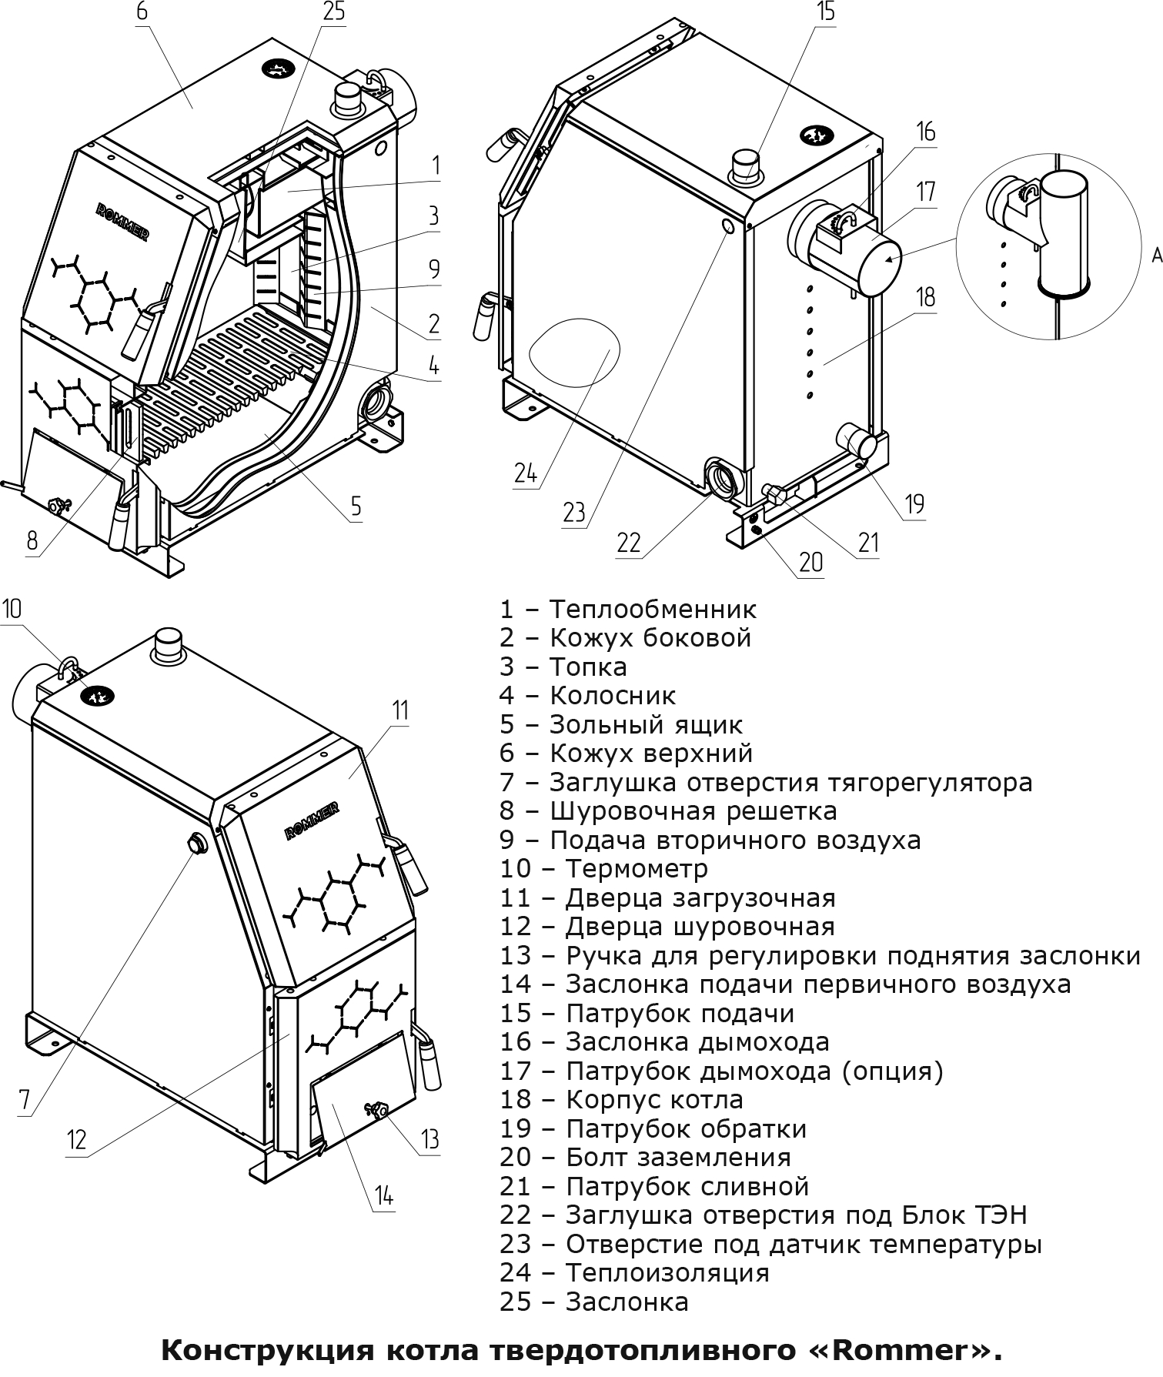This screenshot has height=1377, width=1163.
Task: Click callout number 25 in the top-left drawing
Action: (x=334, y=13)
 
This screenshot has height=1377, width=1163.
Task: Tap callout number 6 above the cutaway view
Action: (x=141, y=13)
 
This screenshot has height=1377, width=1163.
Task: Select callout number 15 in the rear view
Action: (x=826, y=13)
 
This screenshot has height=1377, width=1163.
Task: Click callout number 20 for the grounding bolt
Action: (x=810, y=562)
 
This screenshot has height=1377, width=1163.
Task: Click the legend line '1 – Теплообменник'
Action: (x=628, y=609)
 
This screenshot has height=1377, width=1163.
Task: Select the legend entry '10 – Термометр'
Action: (x=603, y=869)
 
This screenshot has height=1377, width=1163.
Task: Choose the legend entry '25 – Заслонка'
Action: (x=594, y=1302)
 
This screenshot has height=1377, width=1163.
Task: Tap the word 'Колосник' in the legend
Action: (x=613, y=696)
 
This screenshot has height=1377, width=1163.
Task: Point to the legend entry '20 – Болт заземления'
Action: (x=645, y=1158)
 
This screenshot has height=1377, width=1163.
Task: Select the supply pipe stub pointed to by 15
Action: (x=745, y=165)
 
